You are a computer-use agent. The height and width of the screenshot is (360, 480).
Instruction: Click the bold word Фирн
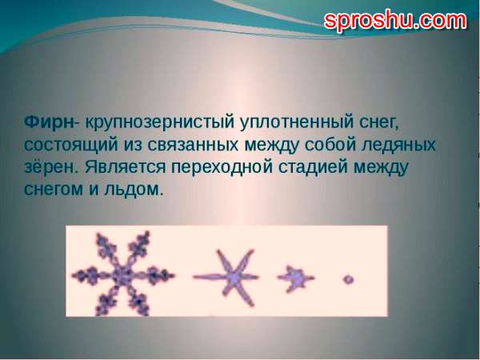tap(49, 122)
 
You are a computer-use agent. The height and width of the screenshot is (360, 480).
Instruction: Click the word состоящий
tap(70, 145)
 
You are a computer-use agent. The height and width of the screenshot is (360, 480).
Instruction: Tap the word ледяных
tap(398, 146)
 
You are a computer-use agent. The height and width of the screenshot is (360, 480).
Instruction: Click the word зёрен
tap(52, 166)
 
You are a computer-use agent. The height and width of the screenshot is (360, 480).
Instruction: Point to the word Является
tap(126, 167)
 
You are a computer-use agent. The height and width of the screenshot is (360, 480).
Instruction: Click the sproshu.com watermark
tap(395, 20)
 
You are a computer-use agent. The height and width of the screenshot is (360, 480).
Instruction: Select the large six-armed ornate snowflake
tap(123, 274)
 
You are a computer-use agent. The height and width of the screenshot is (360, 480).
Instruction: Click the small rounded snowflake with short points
tap(295, 278)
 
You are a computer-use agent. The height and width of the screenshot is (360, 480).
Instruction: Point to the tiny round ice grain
tap(348, 279)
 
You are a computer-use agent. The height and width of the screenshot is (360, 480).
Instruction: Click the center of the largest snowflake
tap(122, 274)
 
